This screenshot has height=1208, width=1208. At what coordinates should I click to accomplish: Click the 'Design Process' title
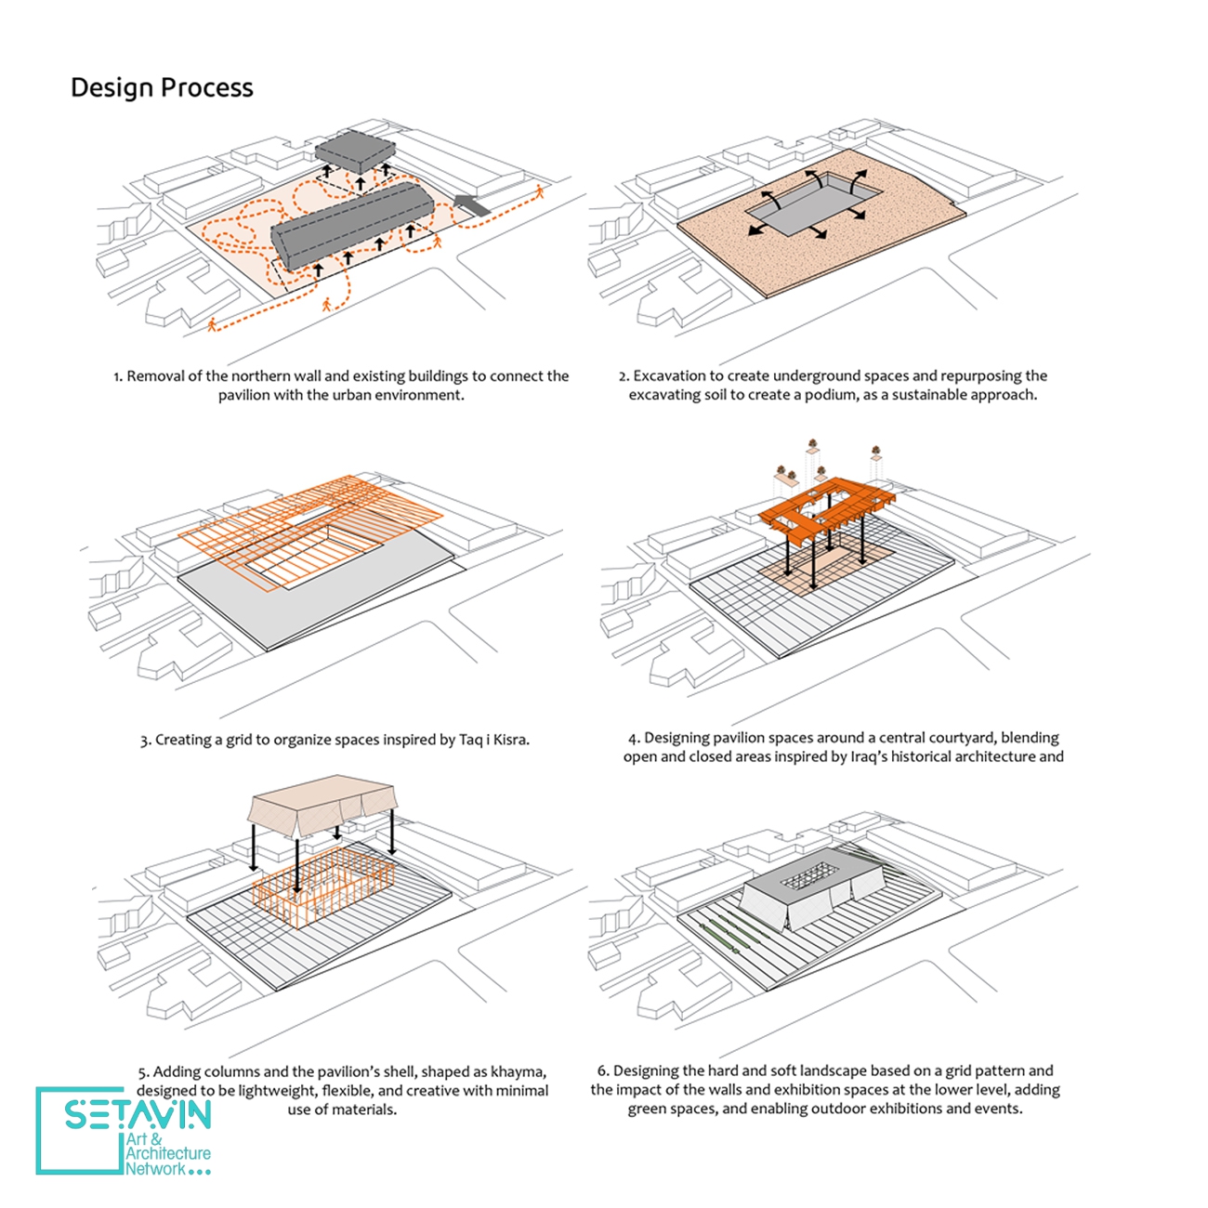(x=162, y=87)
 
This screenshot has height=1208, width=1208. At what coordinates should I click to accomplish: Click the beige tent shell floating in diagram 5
(x=323, y=805)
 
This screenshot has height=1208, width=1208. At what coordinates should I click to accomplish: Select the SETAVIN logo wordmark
(x=138, y=1113)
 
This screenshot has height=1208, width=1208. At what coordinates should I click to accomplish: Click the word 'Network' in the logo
(x=155, y=1169)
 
